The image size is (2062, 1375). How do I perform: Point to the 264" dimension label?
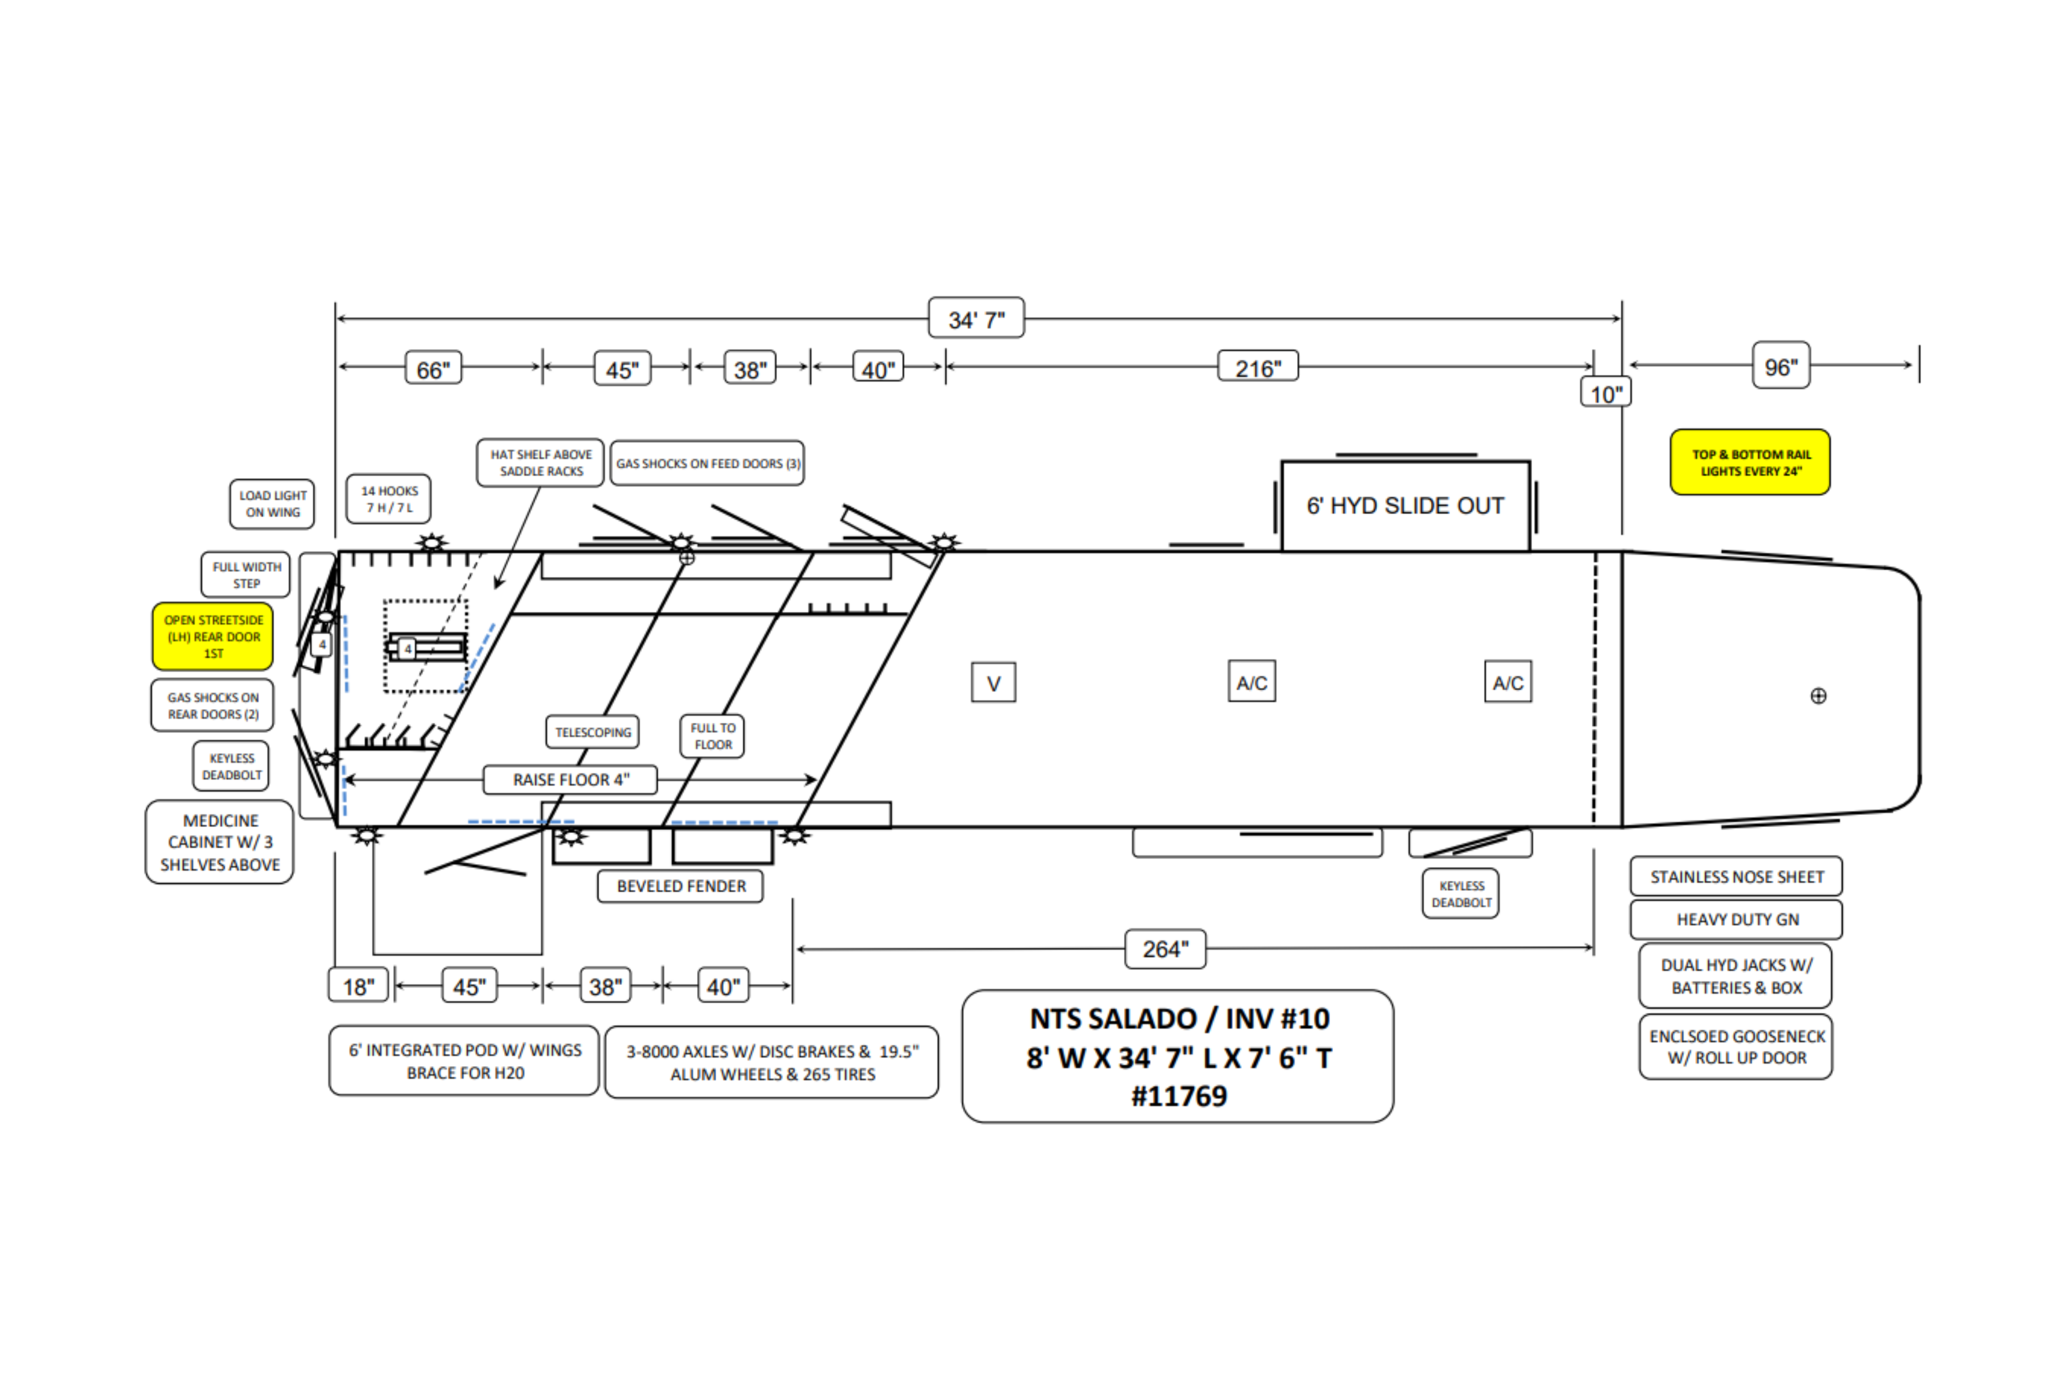[x=1165, y=949]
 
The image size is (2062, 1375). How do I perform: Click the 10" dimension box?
[x=1605, y=394]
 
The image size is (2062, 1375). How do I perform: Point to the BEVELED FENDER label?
[x=681, y=886]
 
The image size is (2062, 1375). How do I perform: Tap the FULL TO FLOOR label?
[x=712, y=736]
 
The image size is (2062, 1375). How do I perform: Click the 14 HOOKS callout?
[x=388, y=499]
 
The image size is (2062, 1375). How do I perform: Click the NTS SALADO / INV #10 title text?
[x=1179, y=1019]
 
